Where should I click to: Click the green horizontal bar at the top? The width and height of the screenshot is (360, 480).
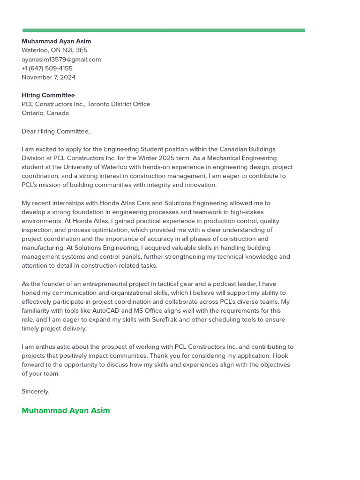[x=164, y=30]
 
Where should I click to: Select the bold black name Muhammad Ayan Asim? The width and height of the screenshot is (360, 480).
[x=56, y=41]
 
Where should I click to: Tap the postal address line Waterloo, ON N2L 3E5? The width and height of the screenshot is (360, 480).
[x=54, y=50]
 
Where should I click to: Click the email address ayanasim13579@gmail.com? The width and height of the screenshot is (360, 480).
[x=61, y=60]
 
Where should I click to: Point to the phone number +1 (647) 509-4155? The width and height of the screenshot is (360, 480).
[x=47, y=68]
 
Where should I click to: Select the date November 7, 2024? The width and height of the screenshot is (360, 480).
[x=48, y=77]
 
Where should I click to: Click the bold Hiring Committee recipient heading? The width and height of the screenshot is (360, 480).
[x=48, y=95]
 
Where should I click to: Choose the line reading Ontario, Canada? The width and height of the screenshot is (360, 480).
[x=45, y=113]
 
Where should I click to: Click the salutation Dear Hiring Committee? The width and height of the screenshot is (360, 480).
[x=55, y=131]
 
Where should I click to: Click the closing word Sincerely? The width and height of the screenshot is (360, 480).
[x=35, y=391]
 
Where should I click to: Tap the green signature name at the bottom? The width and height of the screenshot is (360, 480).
[x=66, y=411]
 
